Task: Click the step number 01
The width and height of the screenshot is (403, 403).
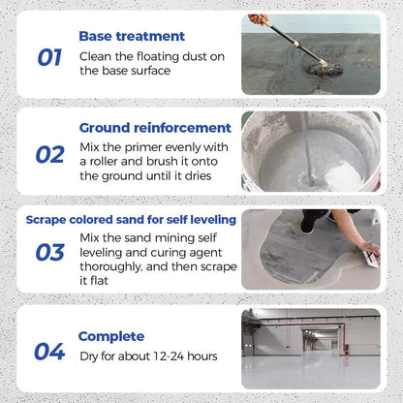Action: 49,57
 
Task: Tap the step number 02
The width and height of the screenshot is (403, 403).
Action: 49,154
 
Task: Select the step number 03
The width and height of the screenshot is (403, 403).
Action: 49,253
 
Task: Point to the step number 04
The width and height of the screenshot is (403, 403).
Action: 49,352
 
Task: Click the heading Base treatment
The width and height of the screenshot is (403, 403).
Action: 132,36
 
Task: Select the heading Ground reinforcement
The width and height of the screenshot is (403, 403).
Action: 155,128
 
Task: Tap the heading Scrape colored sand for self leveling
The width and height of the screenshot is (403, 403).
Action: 130,219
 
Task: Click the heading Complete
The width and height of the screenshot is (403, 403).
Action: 111,336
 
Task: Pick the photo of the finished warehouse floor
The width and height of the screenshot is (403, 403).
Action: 310,348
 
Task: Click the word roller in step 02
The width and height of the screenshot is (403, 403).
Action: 114,161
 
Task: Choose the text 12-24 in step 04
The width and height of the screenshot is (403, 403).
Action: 161,356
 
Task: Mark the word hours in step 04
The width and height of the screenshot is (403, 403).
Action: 200,356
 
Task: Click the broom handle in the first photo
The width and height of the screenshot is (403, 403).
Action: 289,36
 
